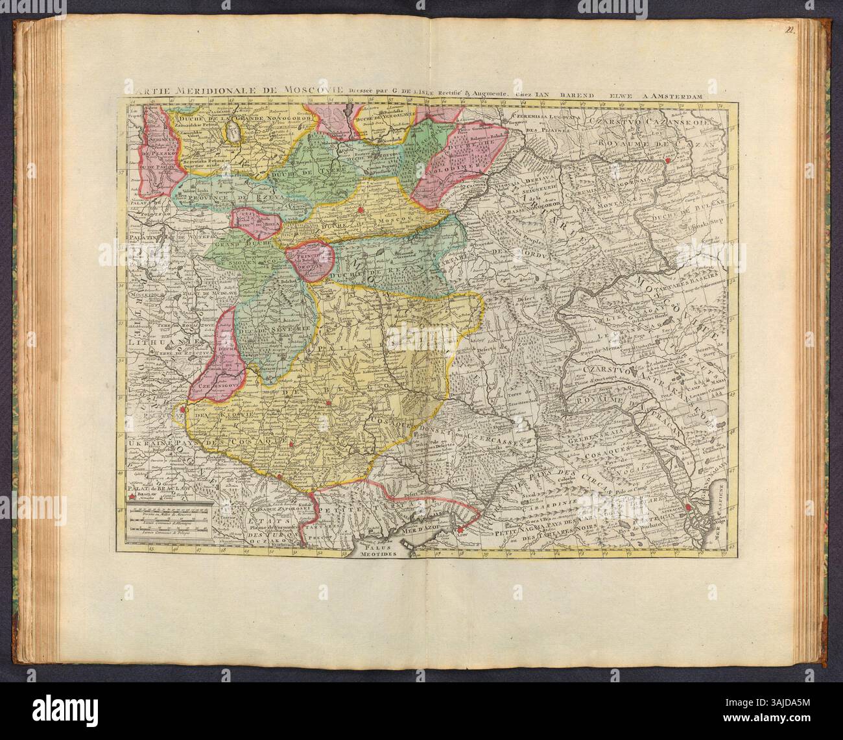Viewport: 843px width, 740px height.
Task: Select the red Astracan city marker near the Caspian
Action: (687, 508)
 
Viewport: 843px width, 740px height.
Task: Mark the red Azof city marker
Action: (459, 531)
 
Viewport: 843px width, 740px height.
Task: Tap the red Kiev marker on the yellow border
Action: (184, 409)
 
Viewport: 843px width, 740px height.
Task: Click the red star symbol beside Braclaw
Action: (132, 496)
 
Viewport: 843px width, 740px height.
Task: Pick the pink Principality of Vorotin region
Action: (311, 263)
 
